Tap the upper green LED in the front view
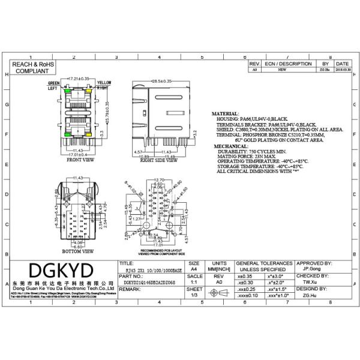[x=68, y=92]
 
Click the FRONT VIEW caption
[x=80, y=160]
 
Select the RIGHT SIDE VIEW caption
[x=158, y=160]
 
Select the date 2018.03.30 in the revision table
[x=343, y=70]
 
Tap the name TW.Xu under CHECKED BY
[x=310, y=281]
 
